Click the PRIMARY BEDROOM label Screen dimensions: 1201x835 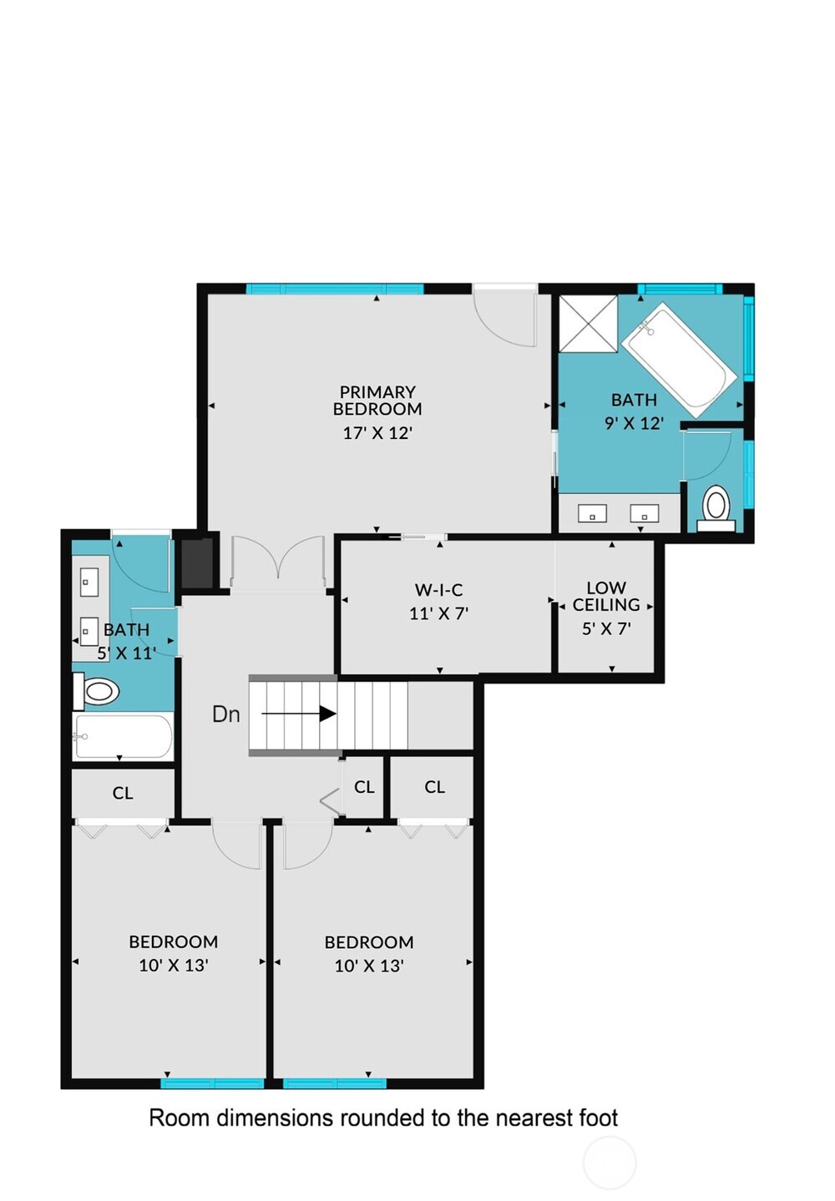[x=377, y=401]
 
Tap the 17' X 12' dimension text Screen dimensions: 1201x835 [x=377, y=433]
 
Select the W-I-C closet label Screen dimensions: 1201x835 [x=438, y=590]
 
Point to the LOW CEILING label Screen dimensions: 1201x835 [x=606, y=596]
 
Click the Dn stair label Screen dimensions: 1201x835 [x=225, y=714]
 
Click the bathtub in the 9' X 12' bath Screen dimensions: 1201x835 [x=678, y=359]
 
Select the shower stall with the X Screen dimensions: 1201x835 [x=588, y=323]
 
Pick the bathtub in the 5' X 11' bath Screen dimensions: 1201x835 [x=123, y=736]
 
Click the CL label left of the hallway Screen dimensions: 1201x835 [x=123, y=793]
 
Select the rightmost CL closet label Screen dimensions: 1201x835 [x=434, y=787]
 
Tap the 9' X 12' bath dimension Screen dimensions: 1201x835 [x=634, y=423]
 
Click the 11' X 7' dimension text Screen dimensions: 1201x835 [x=438, y=613]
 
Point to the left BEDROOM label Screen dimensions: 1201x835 [x=173, y=941]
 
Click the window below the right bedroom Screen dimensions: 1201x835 [x=334, y=1083]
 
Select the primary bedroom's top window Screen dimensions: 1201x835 [x=334, y=289]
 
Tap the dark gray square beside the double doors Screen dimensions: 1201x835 [x=197, y=563]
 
